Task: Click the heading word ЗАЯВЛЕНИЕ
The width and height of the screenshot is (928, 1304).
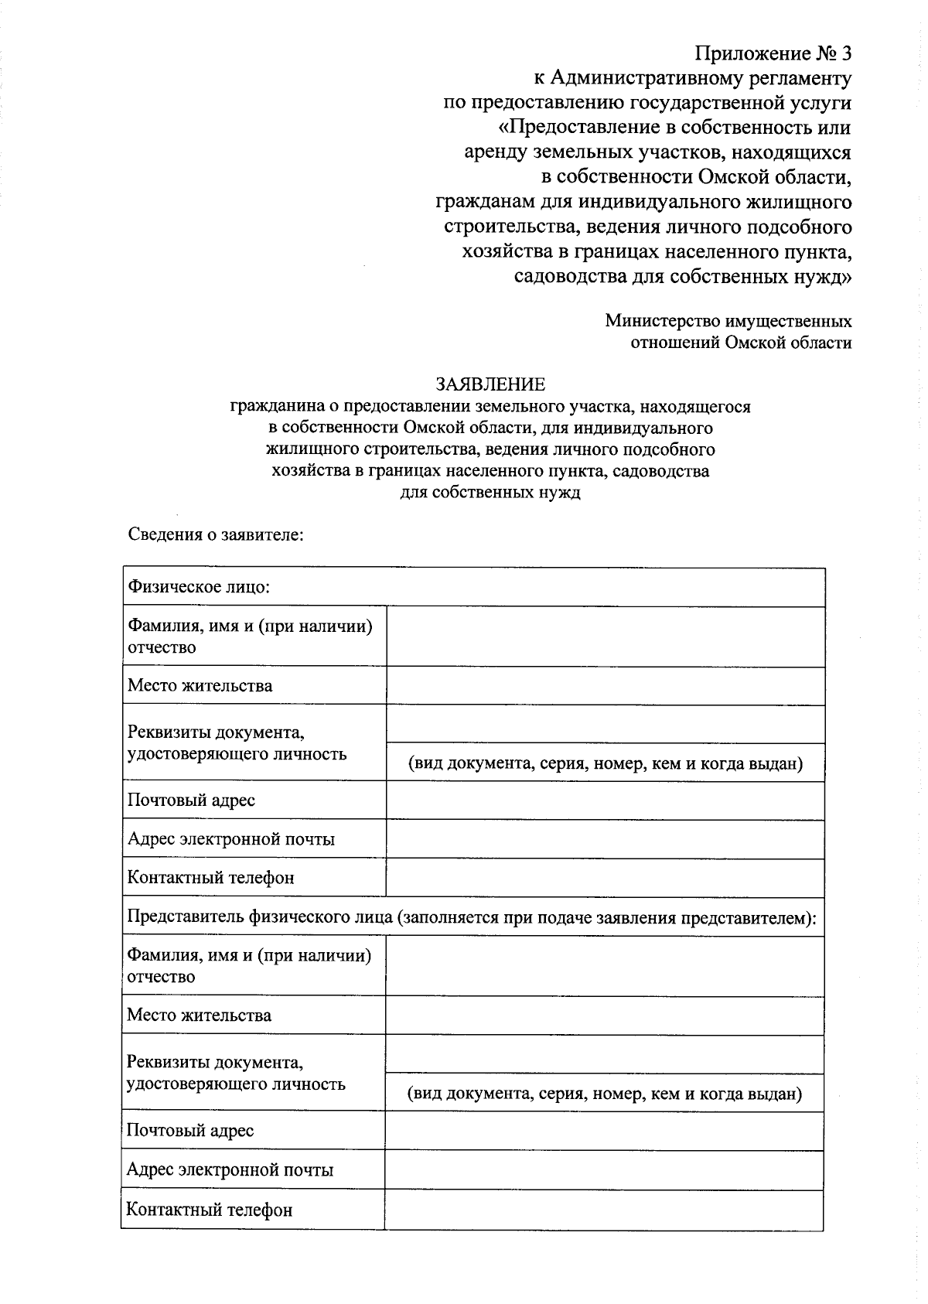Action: [x=490, y=384]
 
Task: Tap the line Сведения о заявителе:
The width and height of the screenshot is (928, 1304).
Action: [x=215, y=534]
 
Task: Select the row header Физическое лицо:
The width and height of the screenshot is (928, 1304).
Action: [x=199, y=587]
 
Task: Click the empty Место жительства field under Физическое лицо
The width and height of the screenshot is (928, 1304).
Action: [x=605, y=686]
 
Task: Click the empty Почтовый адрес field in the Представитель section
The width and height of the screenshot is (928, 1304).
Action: [x=604, y=1131]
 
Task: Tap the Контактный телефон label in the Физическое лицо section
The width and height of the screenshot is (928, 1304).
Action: [x=210, y=878]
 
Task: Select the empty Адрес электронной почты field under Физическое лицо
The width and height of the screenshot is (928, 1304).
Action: [x=605, y=839]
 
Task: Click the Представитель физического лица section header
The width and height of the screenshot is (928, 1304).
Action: [x=472, y=917]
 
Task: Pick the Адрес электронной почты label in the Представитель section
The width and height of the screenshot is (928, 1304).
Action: [x=230, y=1169]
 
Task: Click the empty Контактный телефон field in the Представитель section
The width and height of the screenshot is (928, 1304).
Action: [x=604, y=1210]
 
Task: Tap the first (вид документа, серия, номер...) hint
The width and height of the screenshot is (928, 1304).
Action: [x=605, y=763]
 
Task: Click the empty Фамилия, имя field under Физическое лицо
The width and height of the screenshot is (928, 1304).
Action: [x=605, y=637]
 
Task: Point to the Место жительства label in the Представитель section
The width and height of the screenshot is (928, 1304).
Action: [x=199, y=1015]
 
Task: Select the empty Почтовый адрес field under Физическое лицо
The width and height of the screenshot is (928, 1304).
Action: [x=605, y=800]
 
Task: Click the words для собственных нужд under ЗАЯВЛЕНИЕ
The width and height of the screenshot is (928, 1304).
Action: [x=490, y=493]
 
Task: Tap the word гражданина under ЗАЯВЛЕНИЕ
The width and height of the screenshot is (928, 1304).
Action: [x=271, y=406]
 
